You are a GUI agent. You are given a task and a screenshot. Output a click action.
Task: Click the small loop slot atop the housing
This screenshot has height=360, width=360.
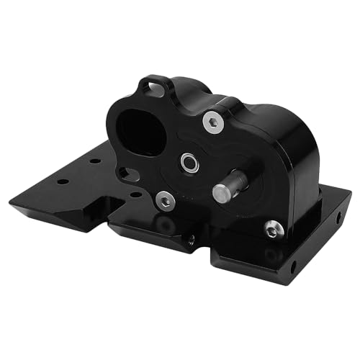[154, 87]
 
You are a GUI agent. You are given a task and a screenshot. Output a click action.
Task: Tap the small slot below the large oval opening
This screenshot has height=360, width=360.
[127, 173]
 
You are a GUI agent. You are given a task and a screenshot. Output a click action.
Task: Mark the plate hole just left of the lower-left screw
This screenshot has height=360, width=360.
[135, 194]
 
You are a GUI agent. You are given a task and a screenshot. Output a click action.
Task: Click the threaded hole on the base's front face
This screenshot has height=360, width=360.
[191, 240]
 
